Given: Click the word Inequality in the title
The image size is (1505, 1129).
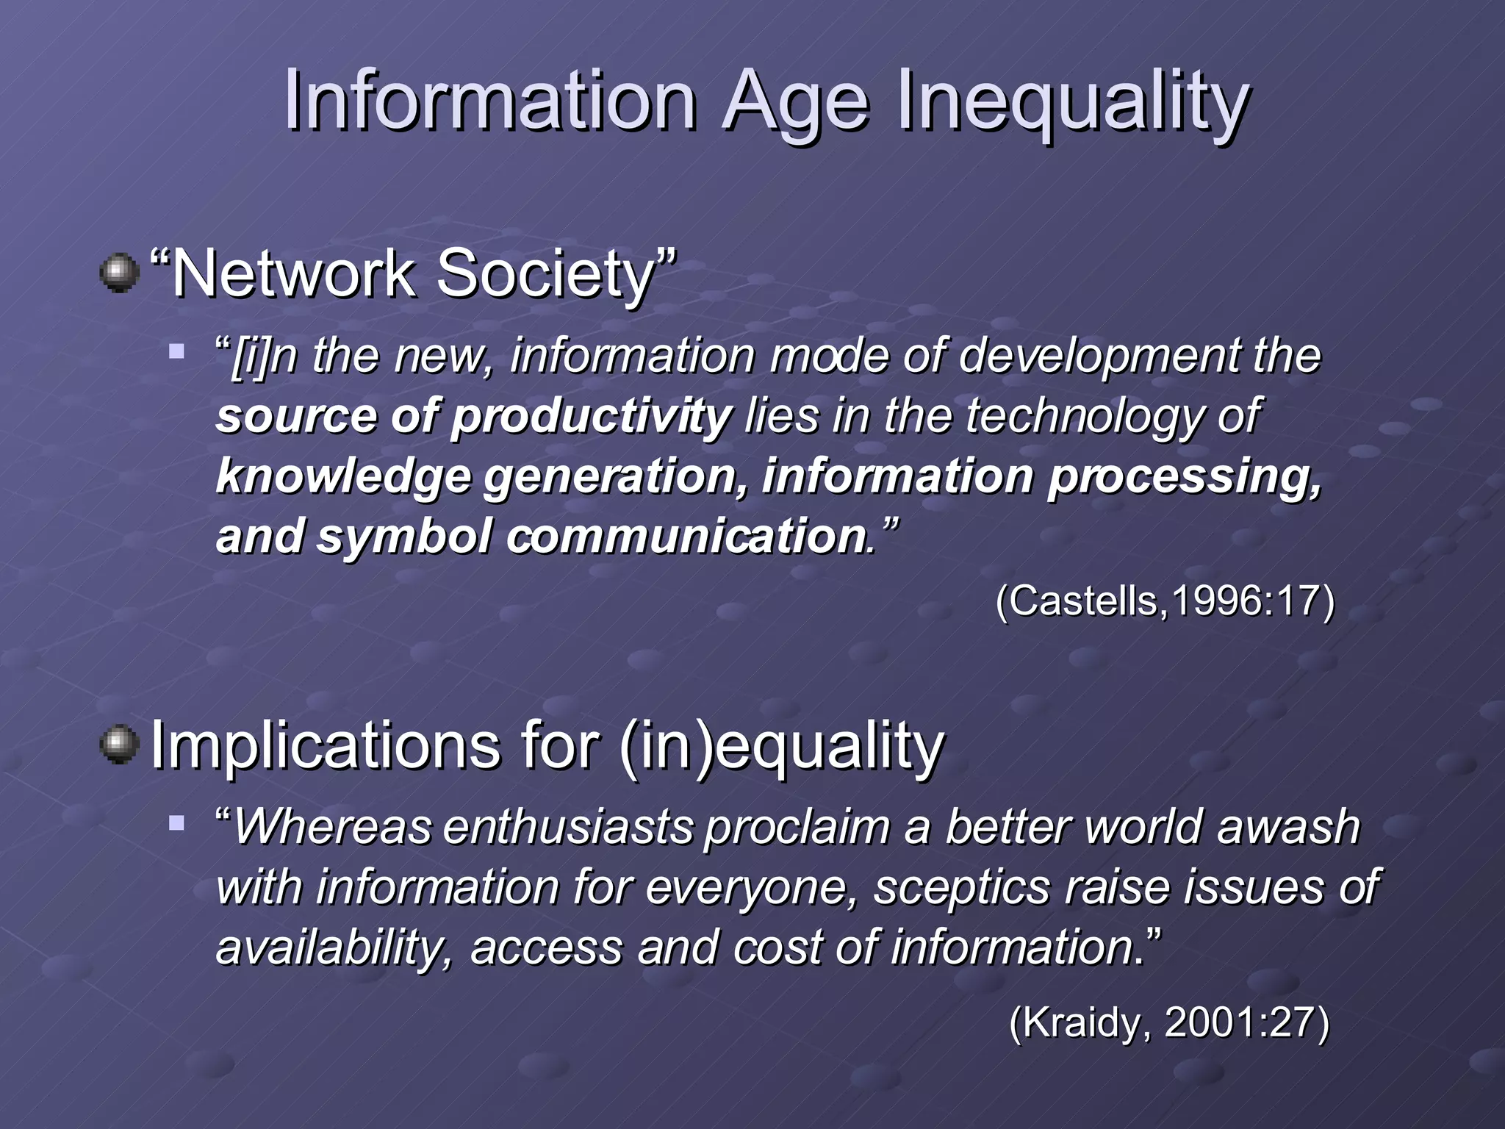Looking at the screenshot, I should (x=1072, y=101).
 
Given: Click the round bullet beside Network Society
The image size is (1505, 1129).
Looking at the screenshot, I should (x=119, y=273).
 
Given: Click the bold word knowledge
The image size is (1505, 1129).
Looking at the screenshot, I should (x=343, y=476).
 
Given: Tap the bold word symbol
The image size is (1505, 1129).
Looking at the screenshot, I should (x=403, y=536).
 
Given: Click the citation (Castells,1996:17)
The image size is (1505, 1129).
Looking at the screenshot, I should (x=1165, y=601).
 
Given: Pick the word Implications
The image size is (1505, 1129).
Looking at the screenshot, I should (x=324, y=746).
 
